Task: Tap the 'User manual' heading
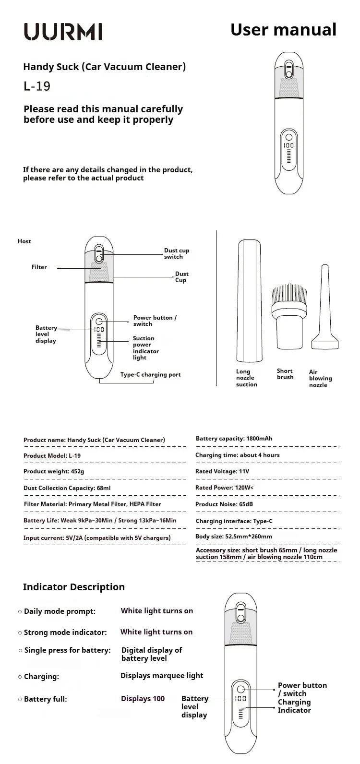coord(283,29)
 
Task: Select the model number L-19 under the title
coord(37,86)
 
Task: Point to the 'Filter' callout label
coord(39,267)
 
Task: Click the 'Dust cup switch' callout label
coord(177,253)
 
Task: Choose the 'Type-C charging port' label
coord(150,375)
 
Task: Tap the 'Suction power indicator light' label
coord(146,348)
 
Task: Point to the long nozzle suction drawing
coord(250,301)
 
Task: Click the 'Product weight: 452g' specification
coord(54,471)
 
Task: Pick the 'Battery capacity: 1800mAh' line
coord(234,439)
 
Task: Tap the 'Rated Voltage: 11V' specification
coord(222,471)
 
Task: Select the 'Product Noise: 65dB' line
coord(224,504)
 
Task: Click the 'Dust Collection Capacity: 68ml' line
coord(60,488)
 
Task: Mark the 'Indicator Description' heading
coord(73,587)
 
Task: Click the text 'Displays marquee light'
coord(162,676)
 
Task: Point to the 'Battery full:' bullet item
coord(45,699)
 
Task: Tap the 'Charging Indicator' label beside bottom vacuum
coord(294,706)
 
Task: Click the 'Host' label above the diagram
coord(24,241)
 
